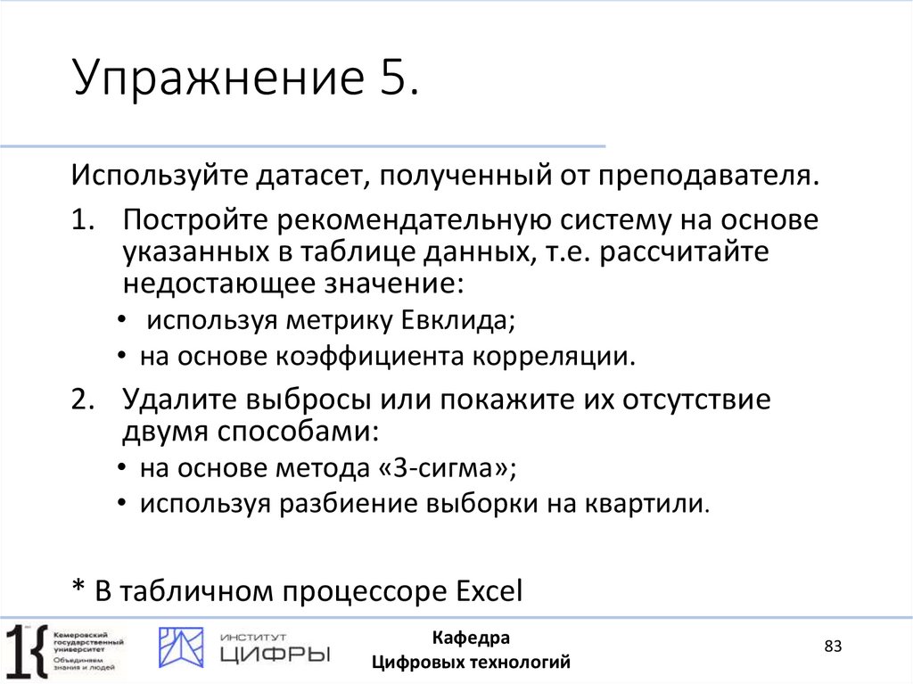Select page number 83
pos(833,647)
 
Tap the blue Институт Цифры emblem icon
pos(181,647)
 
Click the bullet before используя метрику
pos(121,321)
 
